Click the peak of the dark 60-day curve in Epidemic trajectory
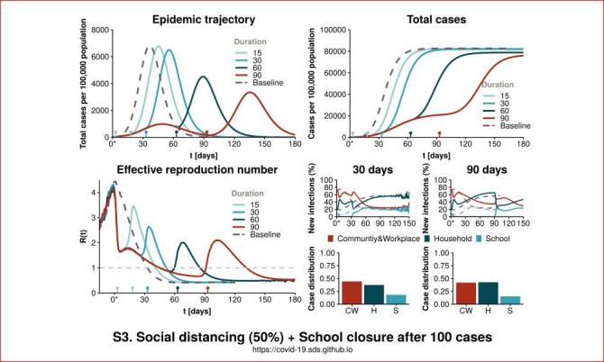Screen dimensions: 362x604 coord(203,77)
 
